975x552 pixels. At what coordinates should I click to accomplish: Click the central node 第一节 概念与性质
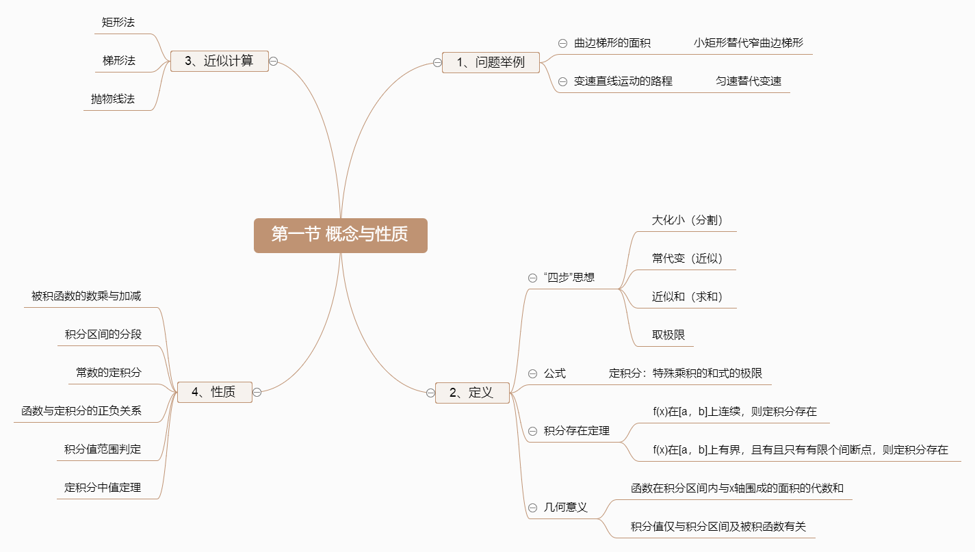[x=340, y=235]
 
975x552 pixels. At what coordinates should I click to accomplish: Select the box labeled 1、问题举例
[x=491, y=62]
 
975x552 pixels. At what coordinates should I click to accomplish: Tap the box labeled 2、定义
[x=472, y=393]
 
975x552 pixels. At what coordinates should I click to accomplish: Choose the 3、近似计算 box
[x=219, y=61]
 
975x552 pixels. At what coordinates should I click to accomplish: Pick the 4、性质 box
[x=214, y=392]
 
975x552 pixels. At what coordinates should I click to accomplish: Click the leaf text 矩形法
[x=118, y=23]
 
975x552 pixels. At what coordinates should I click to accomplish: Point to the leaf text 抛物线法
[x=113, y=99]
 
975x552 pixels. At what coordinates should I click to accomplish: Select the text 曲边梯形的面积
[x=612, y=43]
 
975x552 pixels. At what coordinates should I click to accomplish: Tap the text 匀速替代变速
[x=748, y=81]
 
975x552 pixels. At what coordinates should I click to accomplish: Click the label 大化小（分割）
[x=687, y=220]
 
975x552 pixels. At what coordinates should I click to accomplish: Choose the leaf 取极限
[x=668, y=335]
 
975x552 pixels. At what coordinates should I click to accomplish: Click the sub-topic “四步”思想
[x=569, y=278]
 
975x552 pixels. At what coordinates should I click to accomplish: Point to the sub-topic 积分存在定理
[x=576, y=431]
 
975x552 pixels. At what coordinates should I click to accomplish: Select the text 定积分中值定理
[x=103, y=488]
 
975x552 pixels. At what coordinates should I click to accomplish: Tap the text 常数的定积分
[x=108, y=373]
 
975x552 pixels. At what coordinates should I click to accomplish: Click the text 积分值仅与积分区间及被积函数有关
[x=718, y=527]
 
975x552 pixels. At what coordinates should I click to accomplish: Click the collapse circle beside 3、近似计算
[x=273, y=61]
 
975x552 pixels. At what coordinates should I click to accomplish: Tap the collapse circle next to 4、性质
[x=257, y=392]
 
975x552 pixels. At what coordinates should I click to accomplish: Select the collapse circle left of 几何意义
[x=532, y=508]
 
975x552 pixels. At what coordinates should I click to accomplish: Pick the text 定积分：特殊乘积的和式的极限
[x=685, y=373]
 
